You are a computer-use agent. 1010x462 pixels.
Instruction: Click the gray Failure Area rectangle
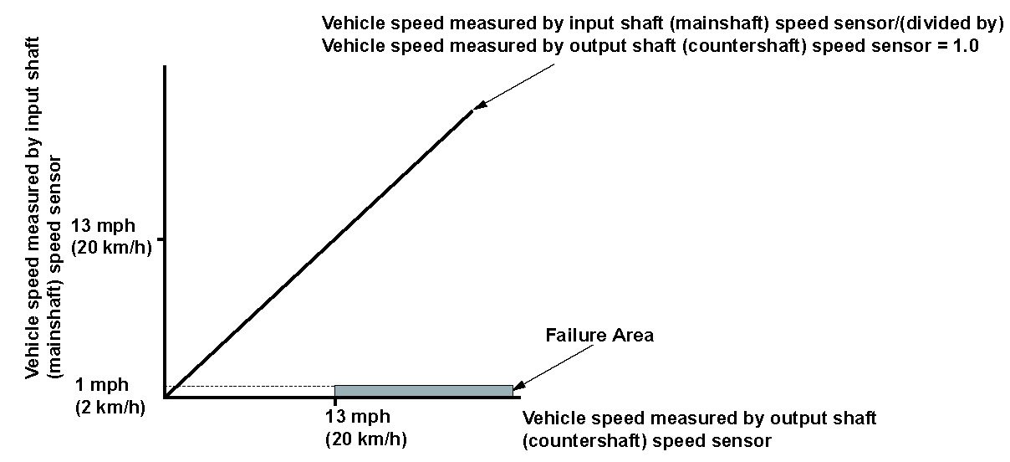[x=423, y=391]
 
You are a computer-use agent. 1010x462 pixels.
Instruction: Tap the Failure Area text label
[x=599, y=336]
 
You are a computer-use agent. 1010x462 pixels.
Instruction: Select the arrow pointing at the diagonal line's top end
[x=514, y=87]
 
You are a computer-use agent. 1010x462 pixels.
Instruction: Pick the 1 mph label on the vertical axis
[x=101, y=385]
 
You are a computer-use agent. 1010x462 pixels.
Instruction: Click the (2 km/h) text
[x=109, y=408]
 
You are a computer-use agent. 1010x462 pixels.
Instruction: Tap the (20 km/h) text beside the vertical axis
[x=112, y=248]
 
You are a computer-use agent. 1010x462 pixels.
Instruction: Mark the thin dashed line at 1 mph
[x=251, y=386]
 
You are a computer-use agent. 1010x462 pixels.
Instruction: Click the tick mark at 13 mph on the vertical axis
[x=162, y=239]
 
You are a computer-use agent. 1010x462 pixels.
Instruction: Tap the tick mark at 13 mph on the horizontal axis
[x=334, y=401]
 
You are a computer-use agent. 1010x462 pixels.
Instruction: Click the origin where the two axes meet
[x=166, y=397]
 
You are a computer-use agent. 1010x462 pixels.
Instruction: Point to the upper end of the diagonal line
[x=471, y=110]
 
